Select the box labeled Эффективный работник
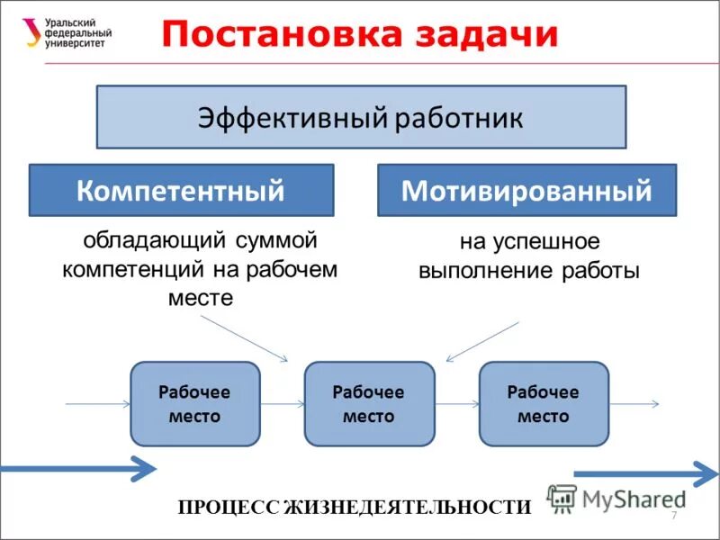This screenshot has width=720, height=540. [361, 117]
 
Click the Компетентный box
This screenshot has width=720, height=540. [181, 190]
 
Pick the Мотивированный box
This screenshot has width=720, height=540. [526, 190]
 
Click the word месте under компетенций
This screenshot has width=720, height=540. [201, 298]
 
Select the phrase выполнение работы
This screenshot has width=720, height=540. [529, 271]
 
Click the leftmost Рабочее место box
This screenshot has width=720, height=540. [194, 404]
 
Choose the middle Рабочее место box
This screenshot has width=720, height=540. [368, 404]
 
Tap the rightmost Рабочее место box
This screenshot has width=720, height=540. [543, 404]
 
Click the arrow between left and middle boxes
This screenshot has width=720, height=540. [282, 405]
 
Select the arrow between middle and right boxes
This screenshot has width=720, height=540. [455, 405]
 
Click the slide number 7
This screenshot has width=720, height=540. [673, 514]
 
